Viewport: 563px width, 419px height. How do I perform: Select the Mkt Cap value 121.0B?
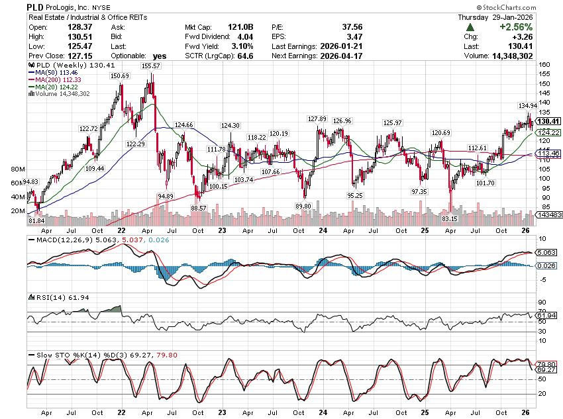tap(241, 27)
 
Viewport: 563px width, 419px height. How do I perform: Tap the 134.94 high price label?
tap(527, 105)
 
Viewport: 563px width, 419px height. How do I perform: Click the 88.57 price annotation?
tap(199, 208)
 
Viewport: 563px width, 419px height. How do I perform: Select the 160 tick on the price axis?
tap(544, 65)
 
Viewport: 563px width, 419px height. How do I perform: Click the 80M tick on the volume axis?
tap(18, 169)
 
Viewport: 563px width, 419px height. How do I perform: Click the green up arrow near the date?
tap(470, 27)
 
